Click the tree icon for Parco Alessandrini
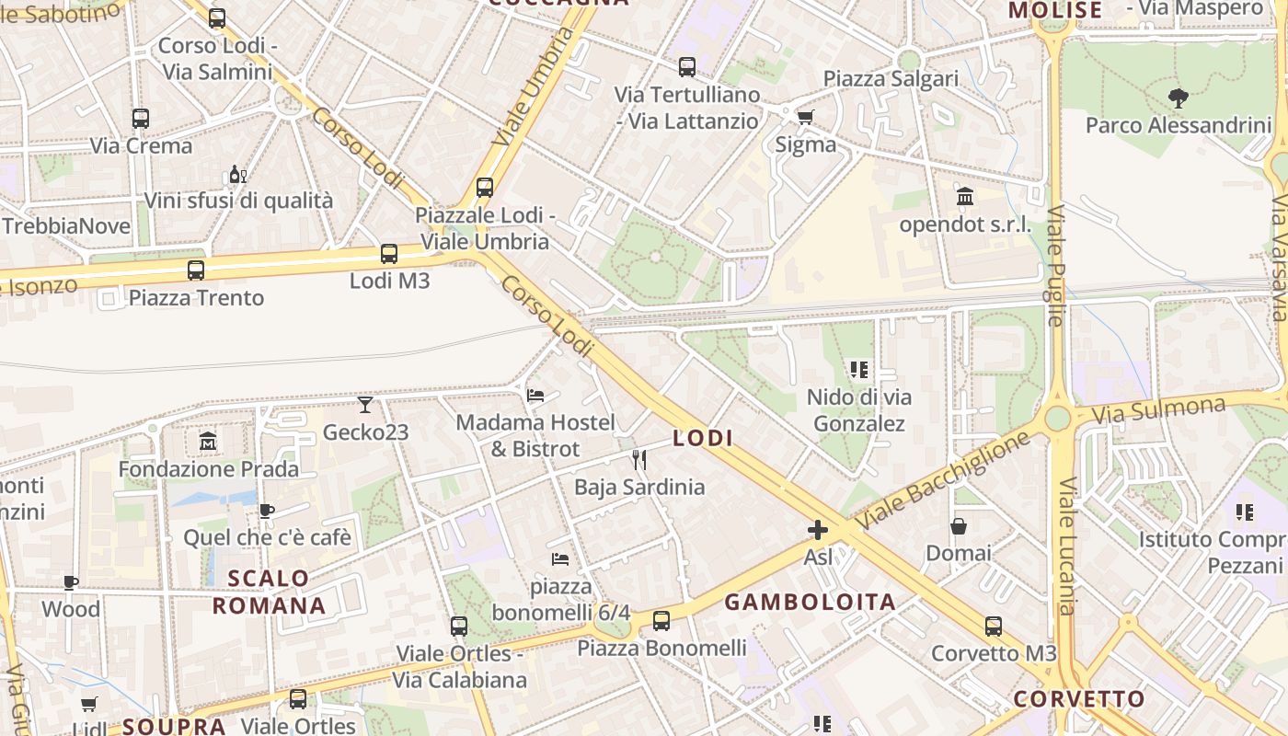(x=1178, y=98)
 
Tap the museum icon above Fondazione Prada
(x=208, y=442)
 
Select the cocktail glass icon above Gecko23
(x=365, y=405)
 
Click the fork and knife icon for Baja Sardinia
(x=639, y=460)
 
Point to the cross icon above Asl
(x=817, y=530)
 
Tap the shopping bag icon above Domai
(x=959, y=526)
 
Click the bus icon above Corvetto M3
(x=994, y=627)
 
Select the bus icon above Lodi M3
(x=389, y=254)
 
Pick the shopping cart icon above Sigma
(x=806, y=117)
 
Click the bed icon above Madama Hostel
(x=535, y=396)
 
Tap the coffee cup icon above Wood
(x=71, y=582)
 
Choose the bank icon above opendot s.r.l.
(x=965, y=197)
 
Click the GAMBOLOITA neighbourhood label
(x=810, y=603)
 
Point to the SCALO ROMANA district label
(x=269, y=592)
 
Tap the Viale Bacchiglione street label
(x=943, y=480)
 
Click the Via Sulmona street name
(x=1158, y=410)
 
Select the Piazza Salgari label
(x=891, y=79)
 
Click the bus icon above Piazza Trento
(x=196, y=270)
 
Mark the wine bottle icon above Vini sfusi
(x=237, y=174)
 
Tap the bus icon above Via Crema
(x=141, y=119)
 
